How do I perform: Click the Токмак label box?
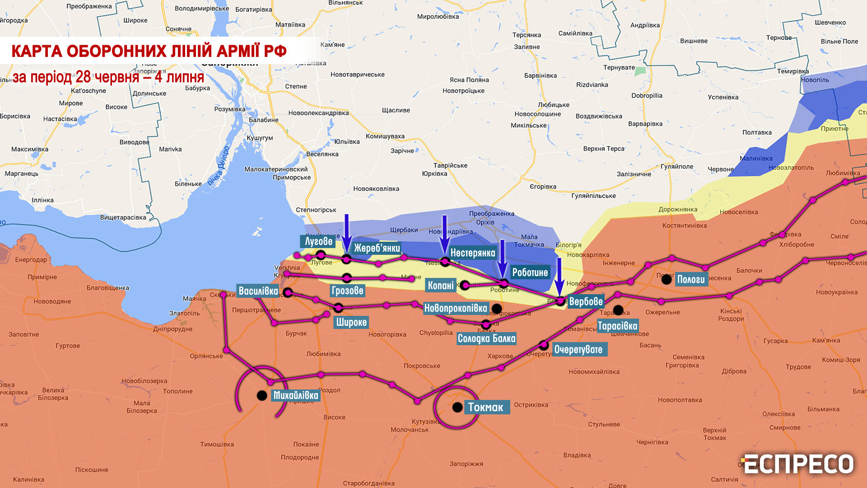[x=486, y=407]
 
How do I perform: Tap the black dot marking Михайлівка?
[x=262, y=396]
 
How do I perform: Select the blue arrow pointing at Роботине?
[x=502, y=258]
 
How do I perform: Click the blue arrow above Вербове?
[x=559, y=277]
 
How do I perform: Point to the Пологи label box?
[x=690, y=279]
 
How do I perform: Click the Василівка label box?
[x=258, y=291]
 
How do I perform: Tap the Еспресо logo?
[x=797, y=465]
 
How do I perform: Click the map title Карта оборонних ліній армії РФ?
[x=149, y=51]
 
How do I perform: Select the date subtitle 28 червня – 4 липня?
[x=108, y=77]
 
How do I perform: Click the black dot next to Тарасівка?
[x=618, y=310]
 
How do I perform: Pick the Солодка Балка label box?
[x=486, y=338]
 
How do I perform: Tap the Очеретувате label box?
[x=578, y=349]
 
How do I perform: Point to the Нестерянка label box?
[x=473, y=253]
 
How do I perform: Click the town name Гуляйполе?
[x=676, y=166]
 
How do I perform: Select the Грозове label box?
[x=347, y=291]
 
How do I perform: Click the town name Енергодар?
[x=31, y=260]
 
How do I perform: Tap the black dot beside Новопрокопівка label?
[x=497, y=309]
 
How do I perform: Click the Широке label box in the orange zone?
[x=351, y=322]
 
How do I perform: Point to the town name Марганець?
[x=22, y=174]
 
